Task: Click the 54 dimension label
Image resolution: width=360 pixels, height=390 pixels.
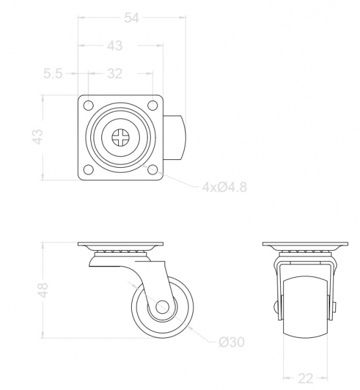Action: pos(131,18)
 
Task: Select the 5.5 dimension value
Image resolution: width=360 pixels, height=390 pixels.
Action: pos(53,73)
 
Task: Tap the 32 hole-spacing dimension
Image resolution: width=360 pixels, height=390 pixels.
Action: pos(114,74)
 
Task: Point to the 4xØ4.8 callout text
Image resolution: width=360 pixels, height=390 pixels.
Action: pos(224,187)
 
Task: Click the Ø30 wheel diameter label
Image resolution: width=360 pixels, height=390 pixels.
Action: pos(231,342)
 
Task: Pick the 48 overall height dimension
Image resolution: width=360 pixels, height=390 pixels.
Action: pos(44,290)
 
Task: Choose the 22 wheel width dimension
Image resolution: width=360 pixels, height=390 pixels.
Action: pos(305,378)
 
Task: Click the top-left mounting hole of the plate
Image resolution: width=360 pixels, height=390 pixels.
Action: pos(88,105)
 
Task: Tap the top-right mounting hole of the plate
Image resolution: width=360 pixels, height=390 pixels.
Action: pos(153,105)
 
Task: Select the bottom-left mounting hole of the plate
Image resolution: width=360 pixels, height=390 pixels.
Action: pos(88,170)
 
